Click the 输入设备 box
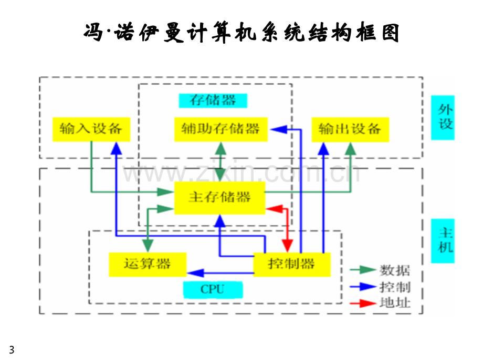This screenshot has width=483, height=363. [91, 129]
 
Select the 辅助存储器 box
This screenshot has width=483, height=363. [221, 129]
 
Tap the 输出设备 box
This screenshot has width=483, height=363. [350, 129]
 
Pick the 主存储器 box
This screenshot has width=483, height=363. [219, 198]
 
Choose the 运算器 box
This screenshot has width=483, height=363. [148, 265]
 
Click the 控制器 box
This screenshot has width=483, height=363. [292, 265]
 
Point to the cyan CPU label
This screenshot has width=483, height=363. [213, 290]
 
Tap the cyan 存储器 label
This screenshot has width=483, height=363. [213, 100]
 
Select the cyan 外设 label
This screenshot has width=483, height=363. [443, 118]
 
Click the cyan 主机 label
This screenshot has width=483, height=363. [443, 241]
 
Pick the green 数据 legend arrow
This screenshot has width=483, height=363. [363, 270]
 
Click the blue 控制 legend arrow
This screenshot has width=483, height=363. [363, 287]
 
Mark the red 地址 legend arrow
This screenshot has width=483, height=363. [363, 304]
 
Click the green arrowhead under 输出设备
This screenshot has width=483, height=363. [350, 149]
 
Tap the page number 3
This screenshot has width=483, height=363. [12, 350]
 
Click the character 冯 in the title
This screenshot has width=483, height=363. [93, 32]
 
